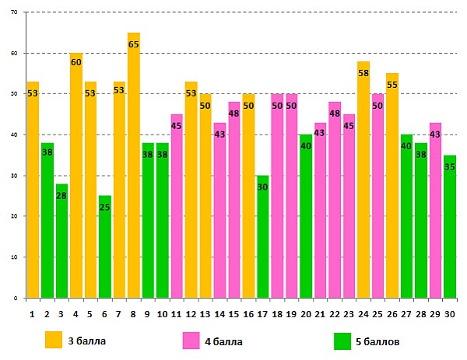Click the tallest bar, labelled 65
point(133,171)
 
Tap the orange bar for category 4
point(75,179)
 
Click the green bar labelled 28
point(61,241)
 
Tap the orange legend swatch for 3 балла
point(54,340)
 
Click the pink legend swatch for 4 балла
point(191,340)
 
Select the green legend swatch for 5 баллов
point(342,340)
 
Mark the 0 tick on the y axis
point(18,298)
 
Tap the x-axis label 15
point(233,313)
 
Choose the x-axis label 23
point(349,313)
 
